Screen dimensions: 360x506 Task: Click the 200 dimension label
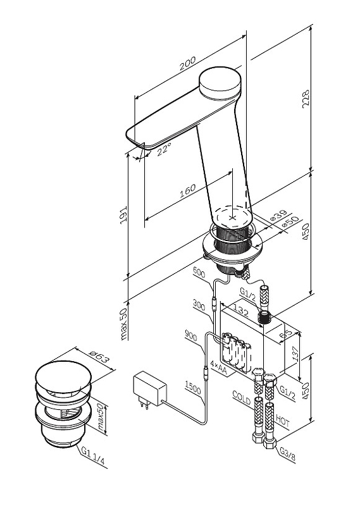187,63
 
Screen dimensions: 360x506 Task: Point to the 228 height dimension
306,99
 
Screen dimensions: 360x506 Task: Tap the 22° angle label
164,149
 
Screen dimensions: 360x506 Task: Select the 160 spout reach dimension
187,191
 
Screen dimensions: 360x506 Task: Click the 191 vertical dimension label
123,214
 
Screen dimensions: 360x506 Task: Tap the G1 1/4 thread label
93,456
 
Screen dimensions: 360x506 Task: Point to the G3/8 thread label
287,453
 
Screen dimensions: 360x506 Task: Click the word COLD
242,399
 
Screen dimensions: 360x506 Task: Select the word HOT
283,421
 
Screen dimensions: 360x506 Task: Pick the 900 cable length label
191,336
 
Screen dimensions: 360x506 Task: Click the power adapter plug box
150,388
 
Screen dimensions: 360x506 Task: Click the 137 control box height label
294,354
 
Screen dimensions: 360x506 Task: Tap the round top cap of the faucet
220,82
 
